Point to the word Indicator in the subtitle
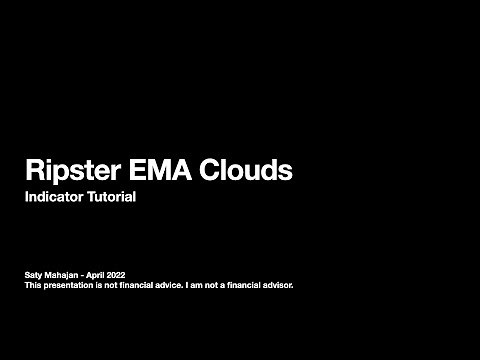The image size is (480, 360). pos(55,197)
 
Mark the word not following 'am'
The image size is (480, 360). pos(211,284)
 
